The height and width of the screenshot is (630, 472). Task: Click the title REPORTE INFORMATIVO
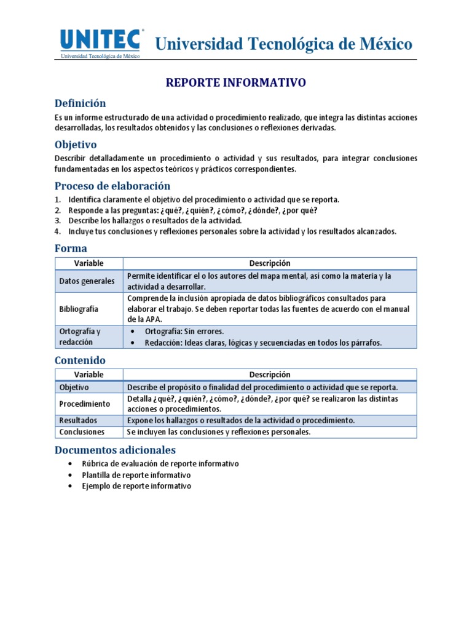point(236,82)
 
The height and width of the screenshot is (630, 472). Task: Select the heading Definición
point(80,103)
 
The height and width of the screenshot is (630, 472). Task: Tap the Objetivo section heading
point(76,145)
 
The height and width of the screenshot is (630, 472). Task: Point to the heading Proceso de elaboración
point(112,186)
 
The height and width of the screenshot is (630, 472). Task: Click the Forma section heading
point(71,248)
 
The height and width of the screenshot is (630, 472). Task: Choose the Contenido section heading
point(80,360)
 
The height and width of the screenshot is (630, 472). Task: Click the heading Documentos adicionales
point(115,450)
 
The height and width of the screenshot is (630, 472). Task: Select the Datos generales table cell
point(87,281)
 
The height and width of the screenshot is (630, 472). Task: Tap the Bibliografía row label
point(79,309)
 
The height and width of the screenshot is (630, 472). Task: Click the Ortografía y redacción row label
point(80,337)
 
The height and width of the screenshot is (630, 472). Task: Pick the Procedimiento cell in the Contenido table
point(85,404)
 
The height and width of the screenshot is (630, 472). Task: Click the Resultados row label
point(78,421)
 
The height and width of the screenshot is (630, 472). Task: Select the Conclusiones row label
point(82,432)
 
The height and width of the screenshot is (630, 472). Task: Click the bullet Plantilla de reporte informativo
point(136,475)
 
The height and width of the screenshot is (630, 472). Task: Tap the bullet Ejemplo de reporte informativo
point(136,486)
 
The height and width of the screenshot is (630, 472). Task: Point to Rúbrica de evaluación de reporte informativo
point(160,464)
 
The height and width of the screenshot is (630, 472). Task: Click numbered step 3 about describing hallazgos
point(155,220)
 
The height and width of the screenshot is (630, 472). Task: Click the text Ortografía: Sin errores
point(184,331)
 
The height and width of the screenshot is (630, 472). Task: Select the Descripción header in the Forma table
point(270,263)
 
